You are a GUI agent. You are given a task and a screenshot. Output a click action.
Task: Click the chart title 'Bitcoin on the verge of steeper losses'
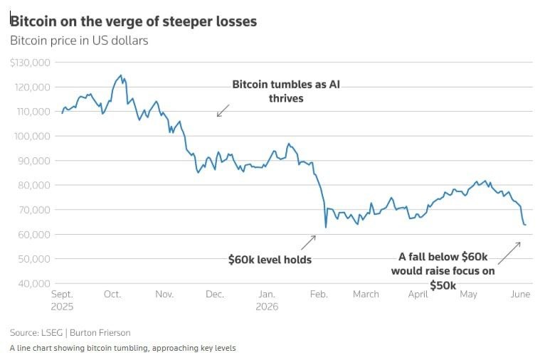click(x=133, y=21)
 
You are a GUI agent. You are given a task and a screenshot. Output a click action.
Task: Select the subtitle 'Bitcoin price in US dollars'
click(x=79, y=41)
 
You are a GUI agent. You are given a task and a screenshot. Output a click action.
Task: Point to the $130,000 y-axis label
click(x=30, y=63)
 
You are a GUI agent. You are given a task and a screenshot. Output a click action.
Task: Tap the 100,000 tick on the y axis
click(x=32, y=136)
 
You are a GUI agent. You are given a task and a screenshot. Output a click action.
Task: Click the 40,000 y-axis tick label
click(x=34, y=283)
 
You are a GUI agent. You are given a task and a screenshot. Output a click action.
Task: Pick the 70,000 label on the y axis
click(x=34, y=210)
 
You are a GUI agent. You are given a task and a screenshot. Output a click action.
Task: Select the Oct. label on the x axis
click(x=112, y=294)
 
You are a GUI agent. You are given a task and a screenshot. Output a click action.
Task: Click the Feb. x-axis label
click(x=319, y=294)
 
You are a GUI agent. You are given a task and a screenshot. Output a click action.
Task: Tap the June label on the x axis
click(x=520, y=294)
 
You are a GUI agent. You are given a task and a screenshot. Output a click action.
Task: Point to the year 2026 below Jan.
click(x=267, y=307)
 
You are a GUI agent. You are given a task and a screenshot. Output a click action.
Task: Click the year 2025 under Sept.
click(x=62, y=307)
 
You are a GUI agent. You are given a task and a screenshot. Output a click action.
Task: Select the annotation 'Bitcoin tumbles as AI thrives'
click(x=286, y=91)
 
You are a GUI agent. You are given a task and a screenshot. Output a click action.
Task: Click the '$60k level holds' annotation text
click(x=270, y=260)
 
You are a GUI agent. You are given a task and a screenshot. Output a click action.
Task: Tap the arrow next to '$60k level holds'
click(x=308, y=243)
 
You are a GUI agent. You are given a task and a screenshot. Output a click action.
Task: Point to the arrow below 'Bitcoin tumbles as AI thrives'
click(x=223, y=110)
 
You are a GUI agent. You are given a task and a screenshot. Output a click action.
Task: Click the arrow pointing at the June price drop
click(x=509, y=253)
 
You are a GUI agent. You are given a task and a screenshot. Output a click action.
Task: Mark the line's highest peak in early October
click(x=121, y=75)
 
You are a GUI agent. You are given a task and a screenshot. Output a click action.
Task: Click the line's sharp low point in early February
click(x=326, y=228)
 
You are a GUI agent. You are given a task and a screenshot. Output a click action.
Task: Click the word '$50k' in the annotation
click(x=443, y=285)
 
